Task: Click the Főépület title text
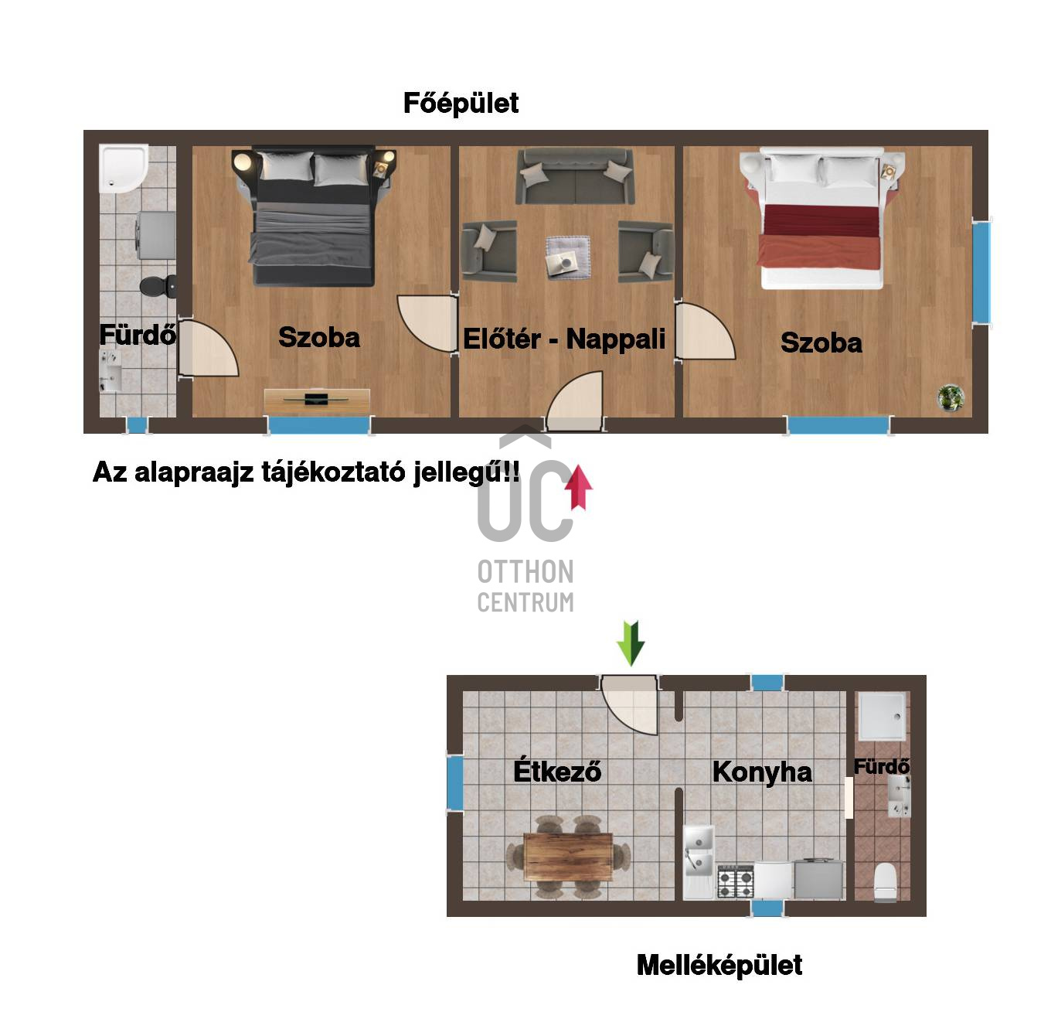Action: (461, 103)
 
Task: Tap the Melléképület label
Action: (719, 965)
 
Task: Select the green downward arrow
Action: (631, 643)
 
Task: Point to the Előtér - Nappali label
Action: (564, 339)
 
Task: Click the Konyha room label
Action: (762, 772)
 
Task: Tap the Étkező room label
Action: (557, 770)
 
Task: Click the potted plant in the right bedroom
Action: (951, 397)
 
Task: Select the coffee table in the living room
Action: (568, 257)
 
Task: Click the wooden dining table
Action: (568, 857)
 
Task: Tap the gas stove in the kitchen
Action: (735, 881)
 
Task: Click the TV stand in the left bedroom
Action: (317, 400)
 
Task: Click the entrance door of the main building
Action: (574, 401)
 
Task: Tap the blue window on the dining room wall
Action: (455, 782)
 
